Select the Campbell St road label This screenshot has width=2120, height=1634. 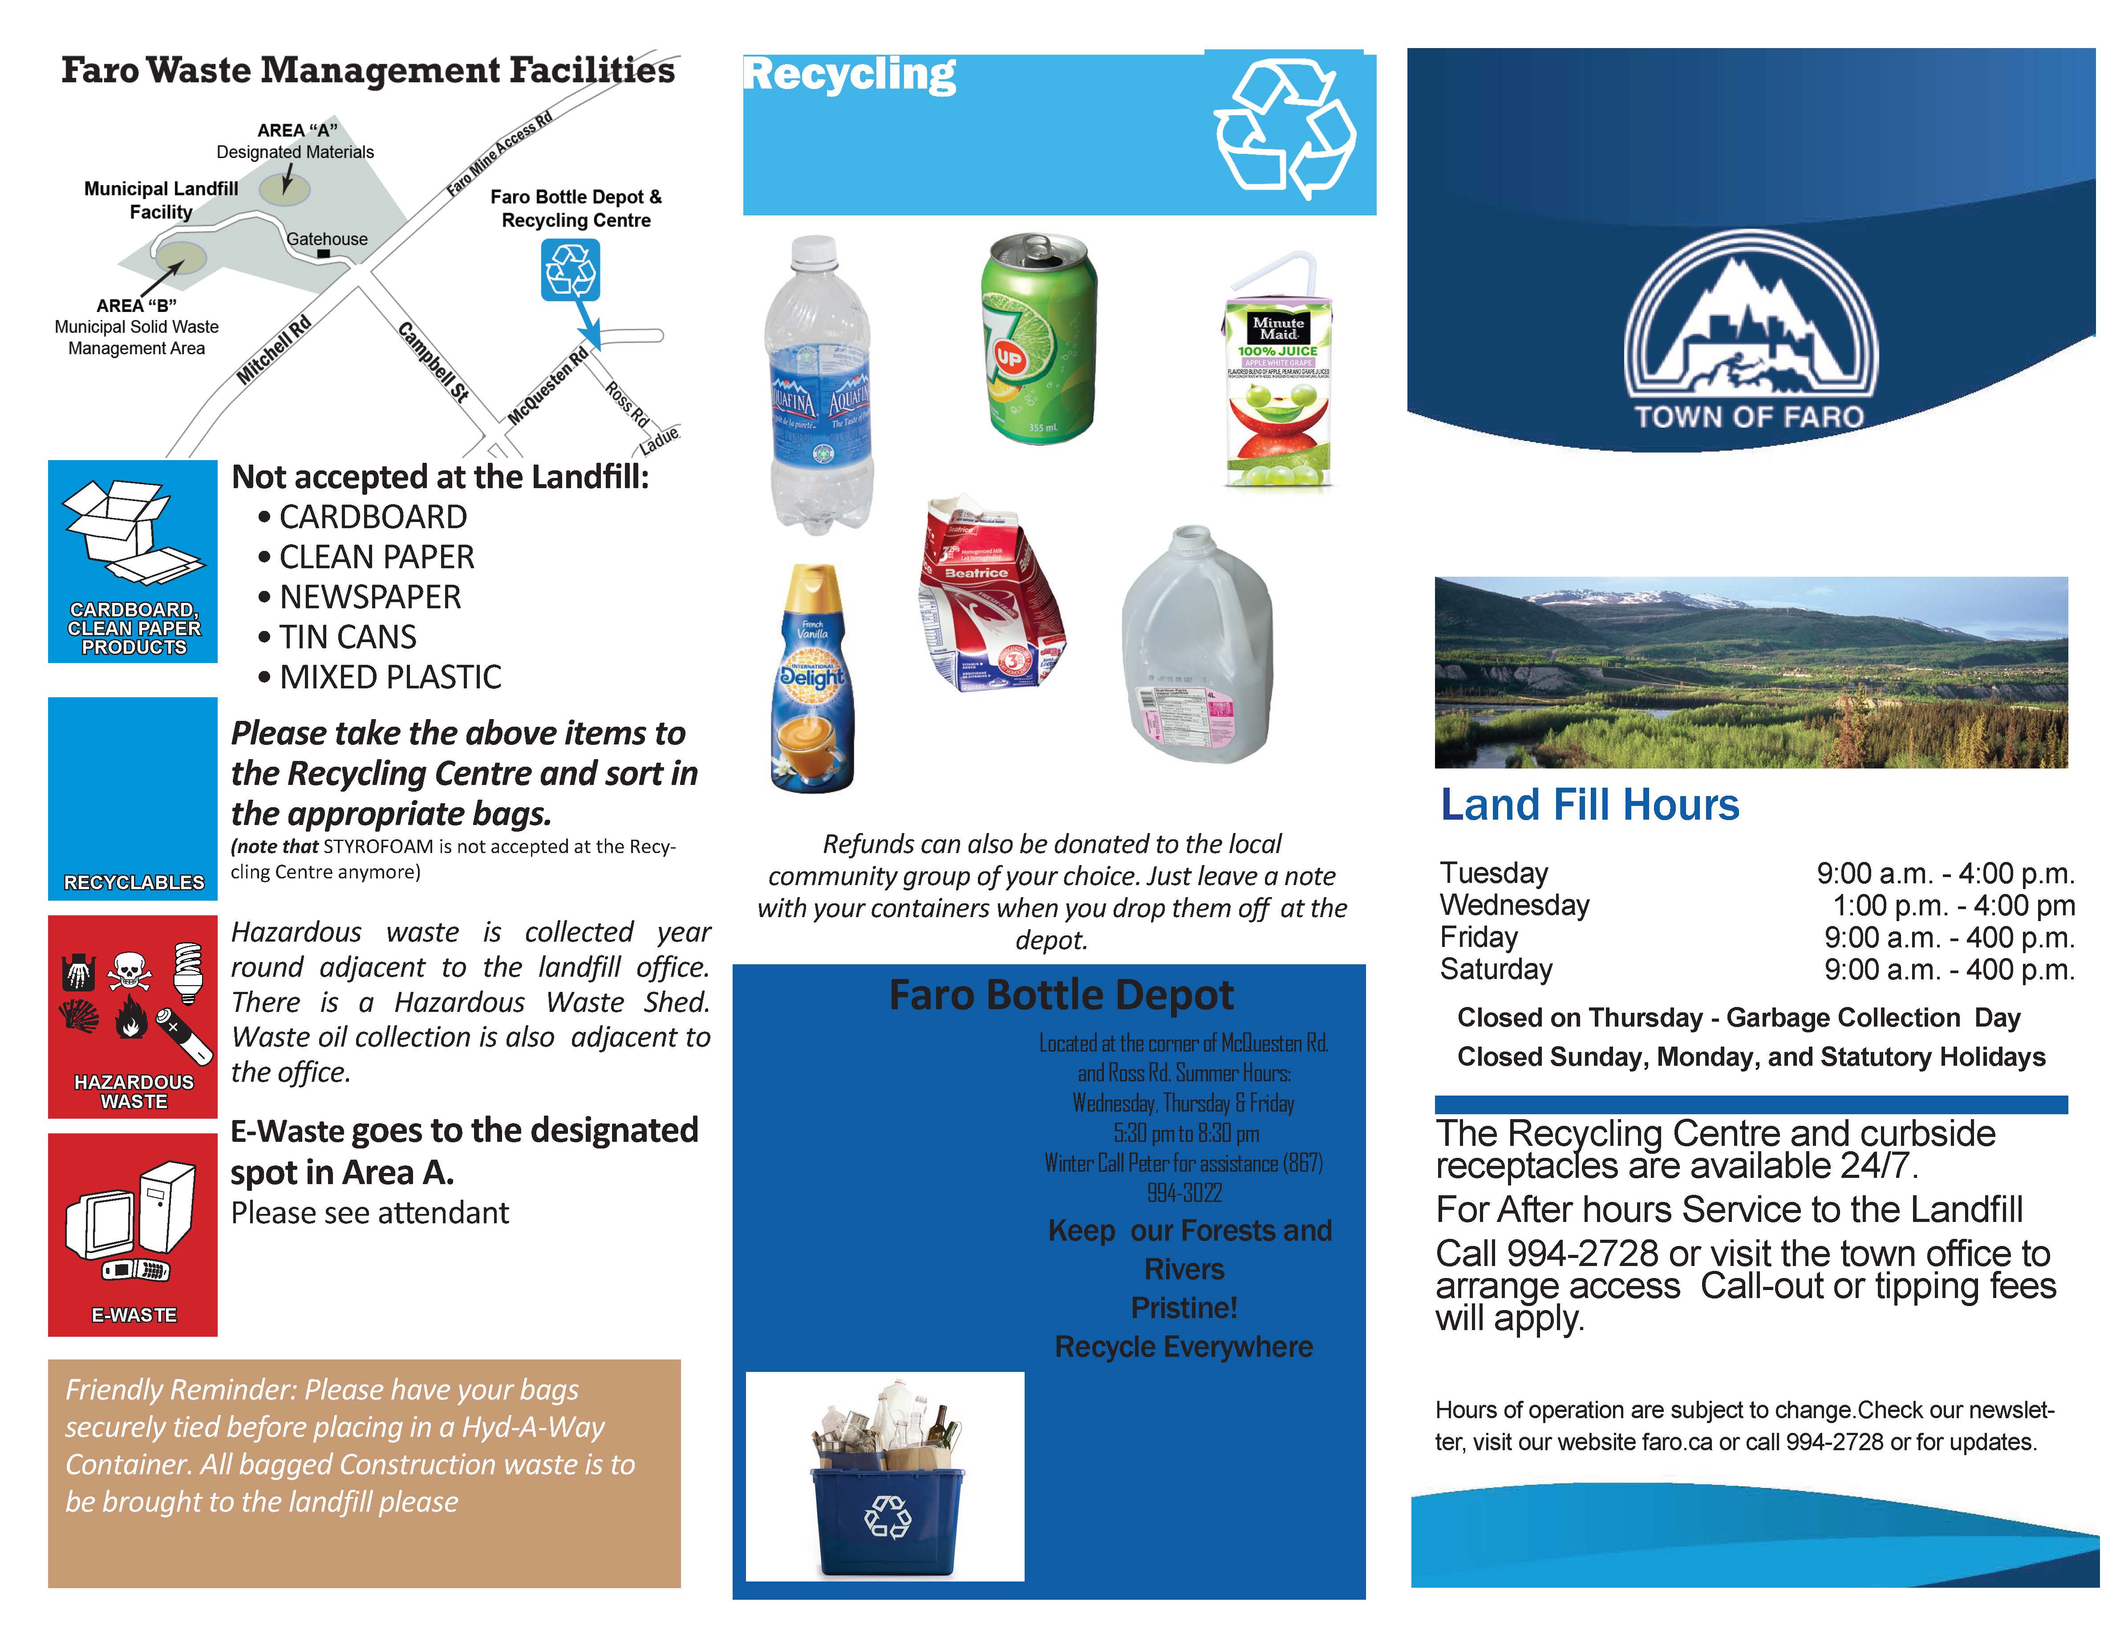coord(434,361)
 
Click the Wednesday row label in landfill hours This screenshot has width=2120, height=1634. coord(1514,905)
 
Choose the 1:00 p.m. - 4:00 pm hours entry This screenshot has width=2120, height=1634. coord(1953,905)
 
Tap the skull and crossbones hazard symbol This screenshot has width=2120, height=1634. coord(129,971)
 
